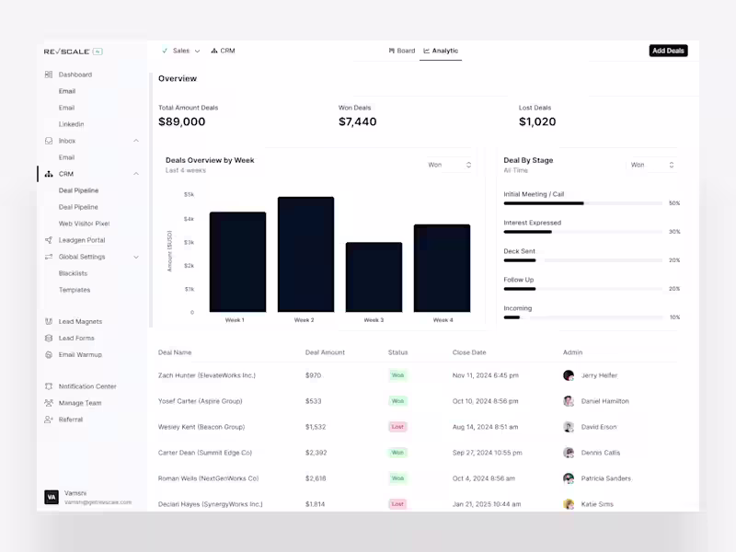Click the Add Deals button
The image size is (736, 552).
point(668,51)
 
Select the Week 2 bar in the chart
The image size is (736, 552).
point(305,255)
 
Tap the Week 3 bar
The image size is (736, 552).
point(374,277)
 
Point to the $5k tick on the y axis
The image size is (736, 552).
point(189,194)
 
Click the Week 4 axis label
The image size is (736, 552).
point(443,320)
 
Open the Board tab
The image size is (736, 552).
point(402,51)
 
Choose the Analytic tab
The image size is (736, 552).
point(441,51)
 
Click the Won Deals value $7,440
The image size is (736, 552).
point(357,121)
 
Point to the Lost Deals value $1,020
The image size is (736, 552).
point(537,121)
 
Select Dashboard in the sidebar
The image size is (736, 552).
point(75,75)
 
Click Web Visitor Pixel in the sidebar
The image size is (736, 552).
point(84,224)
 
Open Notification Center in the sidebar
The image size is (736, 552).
point(87,386)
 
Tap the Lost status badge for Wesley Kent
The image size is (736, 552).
point(397,427)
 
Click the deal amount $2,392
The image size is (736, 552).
point(316,453)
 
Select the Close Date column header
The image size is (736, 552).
point(469,352)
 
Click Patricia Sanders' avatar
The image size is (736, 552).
point(569,478)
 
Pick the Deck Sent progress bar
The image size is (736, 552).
point(582,260)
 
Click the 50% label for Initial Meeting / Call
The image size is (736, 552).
point(674,203)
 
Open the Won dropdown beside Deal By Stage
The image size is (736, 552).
point(652,165)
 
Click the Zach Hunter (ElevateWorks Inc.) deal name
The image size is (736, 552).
point(206,375)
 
